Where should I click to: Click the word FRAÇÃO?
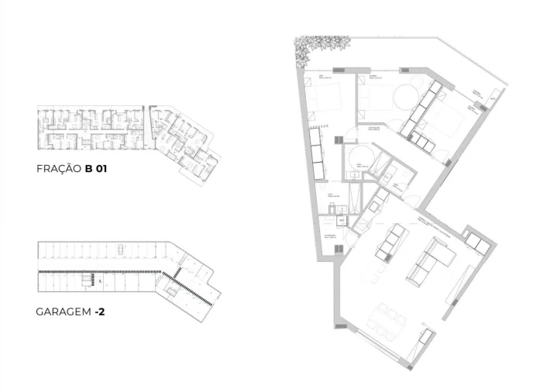58,168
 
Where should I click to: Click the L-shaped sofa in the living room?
434,259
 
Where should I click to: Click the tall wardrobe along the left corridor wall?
317,150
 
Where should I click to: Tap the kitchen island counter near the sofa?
388,241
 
